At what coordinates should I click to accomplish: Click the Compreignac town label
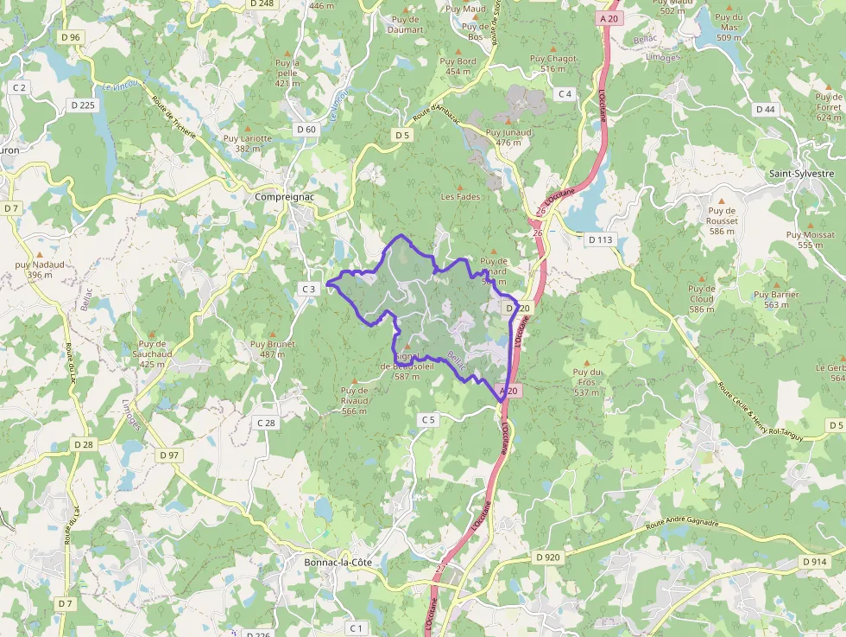(x=282, y=196)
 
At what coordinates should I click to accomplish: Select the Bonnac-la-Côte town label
(x=338, y=562)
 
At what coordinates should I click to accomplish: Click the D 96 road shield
(x=71, y=37)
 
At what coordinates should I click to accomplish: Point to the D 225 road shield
(x=84, y=105)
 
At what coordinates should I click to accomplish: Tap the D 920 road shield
(x=547, y=557)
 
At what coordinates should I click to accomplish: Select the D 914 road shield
(x=814, y=562)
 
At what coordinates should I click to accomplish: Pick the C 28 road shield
(x=266, y=423)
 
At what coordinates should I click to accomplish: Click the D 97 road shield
(x=169, y=455)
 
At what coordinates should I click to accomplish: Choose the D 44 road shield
(x=765, y=109)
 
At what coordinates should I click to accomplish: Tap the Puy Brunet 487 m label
(x=273, y=349)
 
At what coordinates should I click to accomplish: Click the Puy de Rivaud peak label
(x=354, y=400)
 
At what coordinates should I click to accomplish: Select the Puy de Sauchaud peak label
(x=152, y=354)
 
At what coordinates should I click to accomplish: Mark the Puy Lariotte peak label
(x=247, y=143)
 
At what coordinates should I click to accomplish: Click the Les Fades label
(x=460, y=196)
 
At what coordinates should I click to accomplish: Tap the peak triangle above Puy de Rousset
(x=722, y=211)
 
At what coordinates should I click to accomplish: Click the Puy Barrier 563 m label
(x=777, y=299)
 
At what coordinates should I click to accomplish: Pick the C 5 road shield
(x=429, y=419)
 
